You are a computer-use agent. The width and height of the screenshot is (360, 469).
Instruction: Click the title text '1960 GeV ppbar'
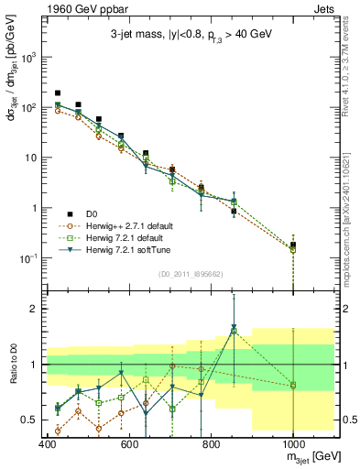tap(43, 7)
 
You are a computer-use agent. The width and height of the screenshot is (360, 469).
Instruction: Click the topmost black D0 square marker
tap(58, 93)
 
